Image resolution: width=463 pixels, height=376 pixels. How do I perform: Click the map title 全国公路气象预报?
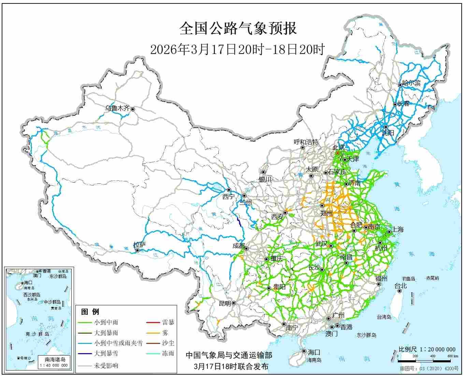238,29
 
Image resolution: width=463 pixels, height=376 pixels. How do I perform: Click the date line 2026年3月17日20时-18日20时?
237,50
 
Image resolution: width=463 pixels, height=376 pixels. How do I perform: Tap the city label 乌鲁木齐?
117,109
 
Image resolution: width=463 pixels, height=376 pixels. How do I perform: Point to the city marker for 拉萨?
137,250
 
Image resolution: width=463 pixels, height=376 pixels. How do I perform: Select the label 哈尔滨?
411,83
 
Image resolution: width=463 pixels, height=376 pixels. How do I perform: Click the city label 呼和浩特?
306,142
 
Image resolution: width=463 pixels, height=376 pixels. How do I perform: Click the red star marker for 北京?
337,153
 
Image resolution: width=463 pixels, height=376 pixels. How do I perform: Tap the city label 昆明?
225,303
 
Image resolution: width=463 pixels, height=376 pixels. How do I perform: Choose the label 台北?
401,286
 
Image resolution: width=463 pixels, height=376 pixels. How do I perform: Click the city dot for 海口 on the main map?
304,351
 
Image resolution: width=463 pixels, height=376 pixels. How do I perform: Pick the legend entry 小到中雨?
106,322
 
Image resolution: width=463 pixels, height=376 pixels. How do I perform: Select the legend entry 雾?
165,333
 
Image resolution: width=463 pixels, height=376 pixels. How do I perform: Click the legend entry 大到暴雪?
106,353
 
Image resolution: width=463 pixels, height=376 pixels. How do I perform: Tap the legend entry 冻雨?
168,353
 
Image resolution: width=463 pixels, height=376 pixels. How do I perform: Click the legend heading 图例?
90,311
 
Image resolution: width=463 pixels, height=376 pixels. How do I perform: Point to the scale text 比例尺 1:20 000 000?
427,349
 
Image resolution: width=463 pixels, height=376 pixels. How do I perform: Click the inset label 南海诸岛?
55,359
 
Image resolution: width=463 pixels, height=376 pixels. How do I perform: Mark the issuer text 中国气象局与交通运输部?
229,356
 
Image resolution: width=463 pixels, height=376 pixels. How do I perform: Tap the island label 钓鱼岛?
408,279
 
